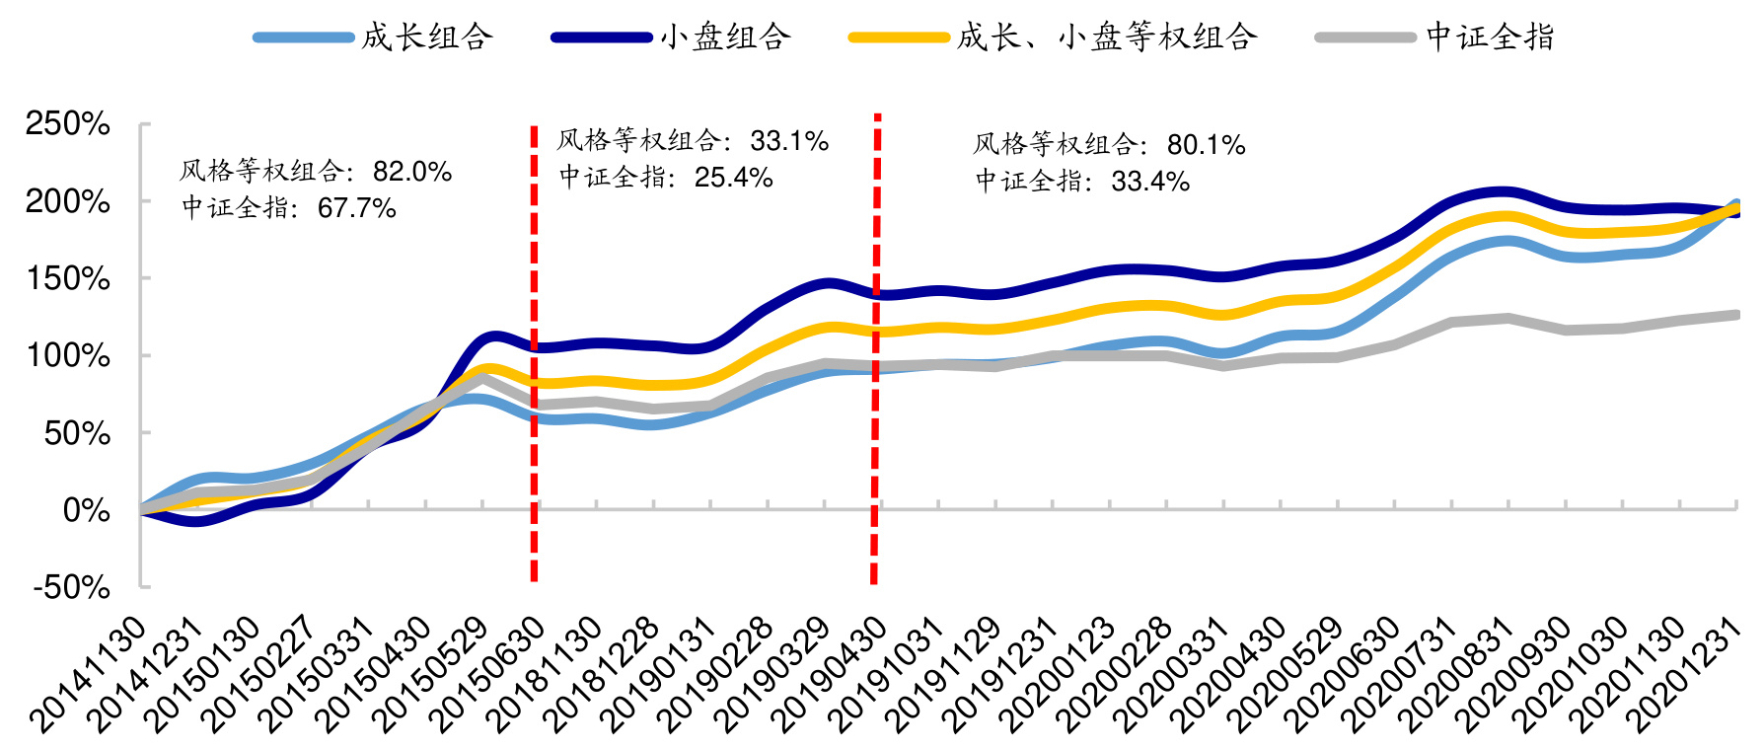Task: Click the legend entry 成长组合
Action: [426, 37]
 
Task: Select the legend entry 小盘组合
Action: [725, 37]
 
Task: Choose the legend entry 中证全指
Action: [1490, 37]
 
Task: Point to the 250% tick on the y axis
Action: [68, 124]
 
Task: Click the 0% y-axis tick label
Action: [87, 510]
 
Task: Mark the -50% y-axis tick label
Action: [72, 587]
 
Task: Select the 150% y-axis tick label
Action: [68, 278]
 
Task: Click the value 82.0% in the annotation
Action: [411, 172]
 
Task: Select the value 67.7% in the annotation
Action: [356, 208]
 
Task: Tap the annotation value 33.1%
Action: [788, 141]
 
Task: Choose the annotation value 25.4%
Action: [733, 178]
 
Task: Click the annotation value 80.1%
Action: [1206, 145]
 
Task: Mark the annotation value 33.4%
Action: [1150, 182]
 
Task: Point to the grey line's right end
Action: [1735, 315]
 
